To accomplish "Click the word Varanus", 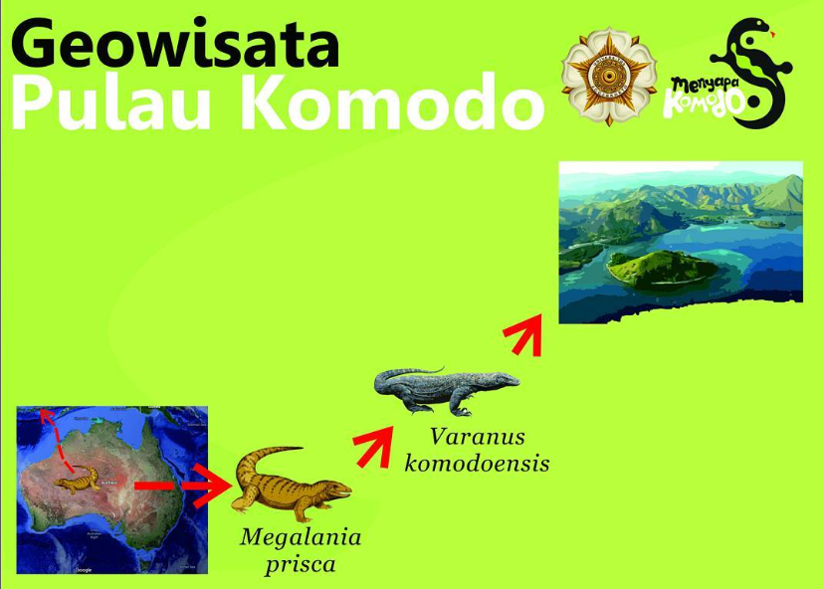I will [478, 436].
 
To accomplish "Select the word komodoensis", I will [478, 463].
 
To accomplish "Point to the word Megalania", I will [301, 538].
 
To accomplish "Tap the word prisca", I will [301, 565].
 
